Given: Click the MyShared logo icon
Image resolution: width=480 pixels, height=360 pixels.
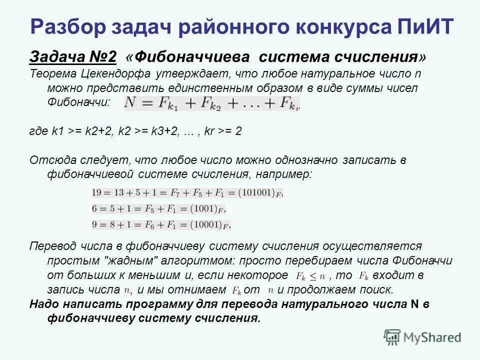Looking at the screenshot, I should tap(392, 337).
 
